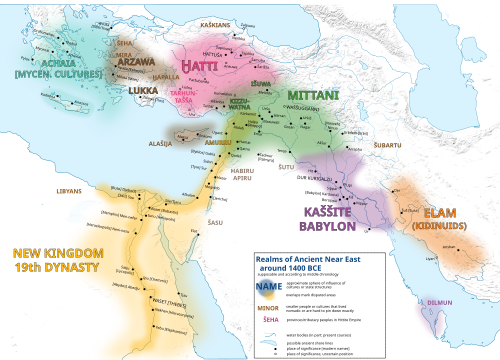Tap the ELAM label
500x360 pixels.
click(440, 213)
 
